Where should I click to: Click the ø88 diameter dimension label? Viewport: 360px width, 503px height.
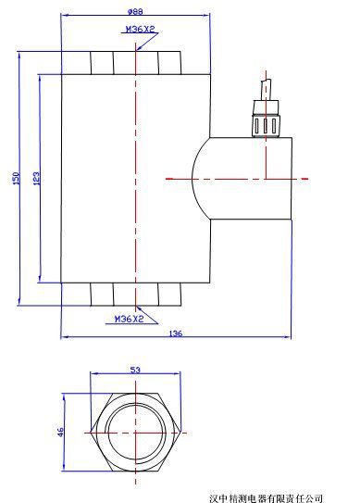point(135,11)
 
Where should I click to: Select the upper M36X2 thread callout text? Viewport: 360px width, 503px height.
point(140,29)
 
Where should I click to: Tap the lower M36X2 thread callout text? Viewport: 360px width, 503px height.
point(130,320)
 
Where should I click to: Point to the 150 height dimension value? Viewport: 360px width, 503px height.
point(17,179)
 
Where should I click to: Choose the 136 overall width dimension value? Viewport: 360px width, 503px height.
point(175,333)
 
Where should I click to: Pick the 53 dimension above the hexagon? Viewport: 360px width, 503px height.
point(135,370)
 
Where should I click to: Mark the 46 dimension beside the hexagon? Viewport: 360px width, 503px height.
point(60,432)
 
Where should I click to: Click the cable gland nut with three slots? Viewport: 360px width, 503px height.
point(266,125)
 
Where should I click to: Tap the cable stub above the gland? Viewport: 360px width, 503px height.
point(266,90)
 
